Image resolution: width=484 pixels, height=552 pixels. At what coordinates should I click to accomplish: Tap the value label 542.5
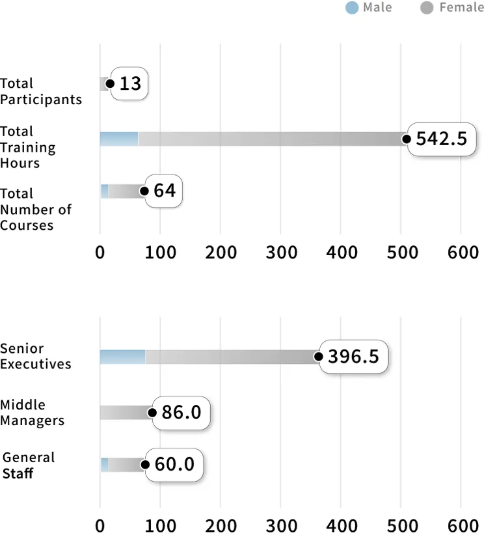point(441,138)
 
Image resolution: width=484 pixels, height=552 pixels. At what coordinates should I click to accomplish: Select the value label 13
point(130,84)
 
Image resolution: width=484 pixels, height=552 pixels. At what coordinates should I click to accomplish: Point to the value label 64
point(164,191)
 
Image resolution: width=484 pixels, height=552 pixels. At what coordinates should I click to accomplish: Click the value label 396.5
point(353,357)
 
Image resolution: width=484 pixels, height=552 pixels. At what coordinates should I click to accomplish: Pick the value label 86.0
point(181,413)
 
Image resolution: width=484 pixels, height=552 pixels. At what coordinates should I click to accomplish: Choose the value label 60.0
point(174,465)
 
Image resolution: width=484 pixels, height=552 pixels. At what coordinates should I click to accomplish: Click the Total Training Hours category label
point(27,147)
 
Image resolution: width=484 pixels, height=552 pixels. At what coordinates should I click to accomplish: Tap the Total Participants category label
point(40,91)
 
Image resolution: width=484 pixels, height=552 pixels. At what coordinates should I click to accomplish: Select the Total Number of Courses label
point(35,209)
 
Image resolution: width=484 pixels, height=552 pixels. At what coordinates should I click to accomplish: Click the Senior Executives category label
point(35,356)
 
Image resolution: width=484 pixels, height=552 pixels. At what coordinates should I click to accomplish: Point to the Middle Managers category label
point(32,413)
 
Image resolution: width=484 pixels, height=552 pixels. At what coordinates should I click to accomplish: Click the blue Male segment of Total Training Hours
point(119,139)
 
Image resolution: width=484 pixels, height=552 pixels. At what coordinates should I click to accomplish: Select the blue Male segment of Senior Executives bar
point(122,357)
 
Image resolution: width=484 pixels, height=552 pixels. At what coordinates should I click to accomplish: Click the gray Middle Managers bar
point(125,413)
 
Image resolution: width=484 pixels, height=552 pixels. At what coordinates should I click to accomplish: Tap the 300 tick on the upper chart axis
point(281,252)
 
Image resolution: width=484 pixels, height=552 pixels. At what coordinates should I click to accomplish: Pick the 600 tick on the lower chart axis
point(463,525)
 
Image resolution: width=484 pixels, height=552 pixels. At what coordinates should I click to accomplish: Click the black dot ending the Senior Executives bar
point(318,357)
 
